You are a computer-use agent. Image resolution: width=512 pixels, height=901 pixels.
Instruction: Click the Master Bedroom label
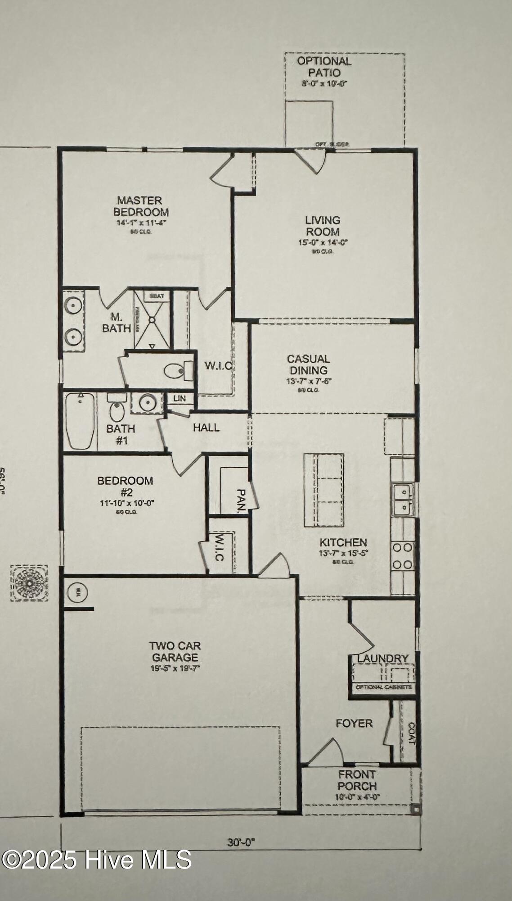pyautogui.click(x=141, y=206)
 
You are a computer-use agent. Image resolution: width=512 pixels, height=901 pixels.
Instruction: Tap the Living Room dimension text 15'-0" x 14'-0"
pyautogui.click(x=323, y=242)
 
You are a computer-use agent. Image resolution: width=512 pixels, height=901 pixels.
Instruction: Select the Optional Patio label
pyautogui.click(x=324, y=67)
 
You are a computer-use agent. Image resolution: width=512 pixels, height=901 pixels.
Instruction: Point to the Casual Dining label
pyautogui.click(x=309, y=364)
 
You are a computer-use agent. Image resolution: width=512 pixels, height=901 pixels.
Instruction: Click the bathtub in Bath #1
pyautogui.click(x=80, y=421)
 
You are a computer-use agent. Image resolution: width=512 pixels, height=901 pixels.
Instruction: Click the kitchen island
pyautogui.click(x=324, y=490)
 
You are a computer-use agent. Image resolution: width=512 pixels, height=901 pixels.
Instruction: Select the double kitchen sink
pyautogui.click(x=403, y=500)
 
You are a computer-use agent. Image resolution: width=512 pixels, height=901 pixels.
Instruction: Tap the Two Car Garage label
pyautogui.click(x=175, y=651)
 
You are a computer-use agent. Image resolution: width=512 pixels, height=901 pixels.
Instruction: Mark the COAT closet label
pyautogui.click(x=411, y=733)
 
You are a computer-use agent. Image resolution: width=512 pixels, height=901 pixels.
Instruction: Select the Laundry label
pyautogui.click(x=383, y=659)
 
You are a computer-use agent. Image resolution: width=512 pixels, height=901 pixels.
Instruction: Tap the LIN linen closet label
pyautogui.click(x=180, y=399)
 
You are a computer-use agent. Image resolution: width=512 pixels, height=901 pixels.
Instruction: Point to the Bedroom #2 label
pyautogui.click(x=125, y=487)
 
